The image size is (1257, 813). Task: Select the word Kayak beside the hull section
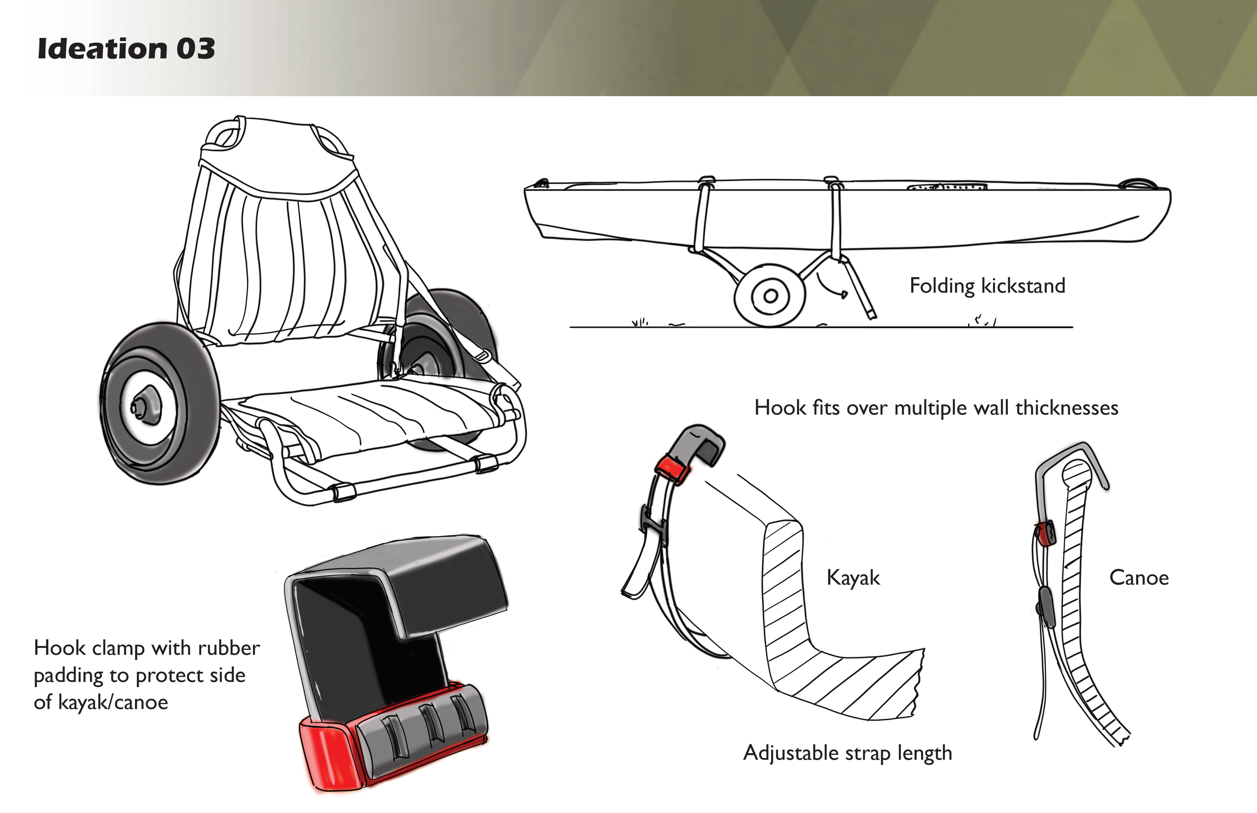[853, 577]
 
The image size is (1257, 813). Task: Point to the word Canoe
[1139, 577]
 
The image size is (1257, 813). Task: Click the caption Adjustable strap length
[847, 753]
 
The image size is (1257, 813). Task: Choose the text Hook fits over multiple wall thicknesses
[936, 408]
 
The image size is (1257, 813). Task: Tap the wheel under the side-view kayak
[770, 296]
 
